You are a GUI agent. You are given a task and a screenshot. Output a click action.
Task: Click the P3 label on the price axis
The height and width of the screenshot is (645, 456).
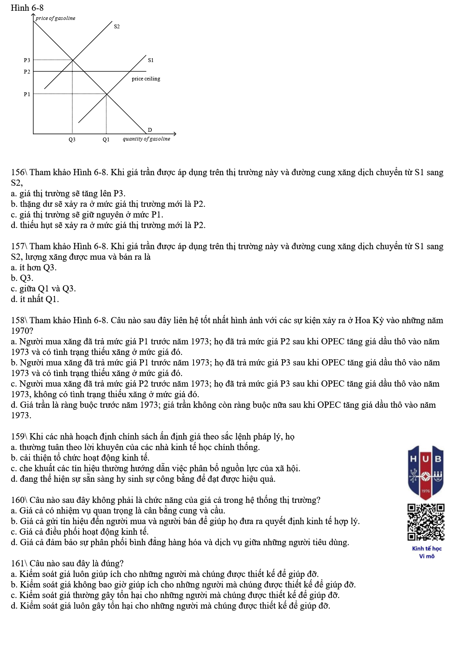pos(27,60)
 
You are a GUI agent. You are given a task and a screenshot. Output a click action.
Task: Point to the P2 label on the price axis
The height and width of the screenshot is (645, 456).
pos(27,72)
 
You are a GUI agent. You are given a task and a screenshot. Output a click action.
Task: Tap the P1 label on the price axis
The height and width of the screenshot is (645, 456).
pos(27,94)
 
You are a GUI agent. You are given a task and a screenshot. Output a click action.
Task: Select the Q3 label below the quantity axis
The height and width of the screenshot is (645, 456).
pos(72,140)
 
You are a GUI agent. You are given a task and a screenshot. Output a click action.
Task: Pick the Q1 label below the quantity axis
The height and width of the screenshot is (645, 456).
pos(106,140)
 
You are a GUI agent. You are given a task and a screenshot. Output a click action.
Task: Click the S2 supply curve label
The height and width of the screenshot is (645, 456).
pos(117,27)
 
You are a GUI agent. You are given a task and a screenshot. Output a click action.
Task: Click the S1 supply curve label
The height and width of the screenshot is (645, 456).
pos(151,60)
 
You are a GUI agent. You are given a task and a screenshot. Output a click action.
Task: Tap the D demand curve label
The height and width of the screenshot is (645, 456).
pos(150,130)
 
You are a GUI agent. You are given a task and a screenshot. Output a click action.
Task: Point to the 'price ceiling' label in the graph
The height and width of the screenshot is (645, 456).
pos(146,79)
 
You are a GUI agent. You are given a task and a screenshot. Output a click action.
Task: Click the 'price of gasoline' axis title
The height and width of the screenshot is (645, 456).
pos(56,18)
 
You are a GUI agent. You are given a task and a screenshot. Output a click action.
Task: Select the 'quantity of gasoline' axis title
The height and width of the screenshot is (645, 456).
pos(146,139)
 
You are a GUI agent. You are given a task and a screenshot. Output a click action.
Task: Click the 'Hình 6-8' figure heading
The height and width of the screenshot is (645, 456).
pos(27,8)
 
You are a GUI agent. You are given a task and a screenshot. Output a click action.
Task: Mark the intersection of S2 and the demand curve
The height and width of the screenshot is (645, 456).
pos(73,60)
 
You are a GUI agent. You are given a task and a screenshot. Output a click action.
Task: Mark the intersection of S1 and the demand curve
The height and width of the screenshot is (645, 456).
pos(107,94)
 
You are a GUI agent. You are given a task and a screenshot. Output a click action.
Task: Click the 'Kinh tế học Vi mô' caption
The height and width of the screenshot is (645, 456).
pos(427,552)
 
